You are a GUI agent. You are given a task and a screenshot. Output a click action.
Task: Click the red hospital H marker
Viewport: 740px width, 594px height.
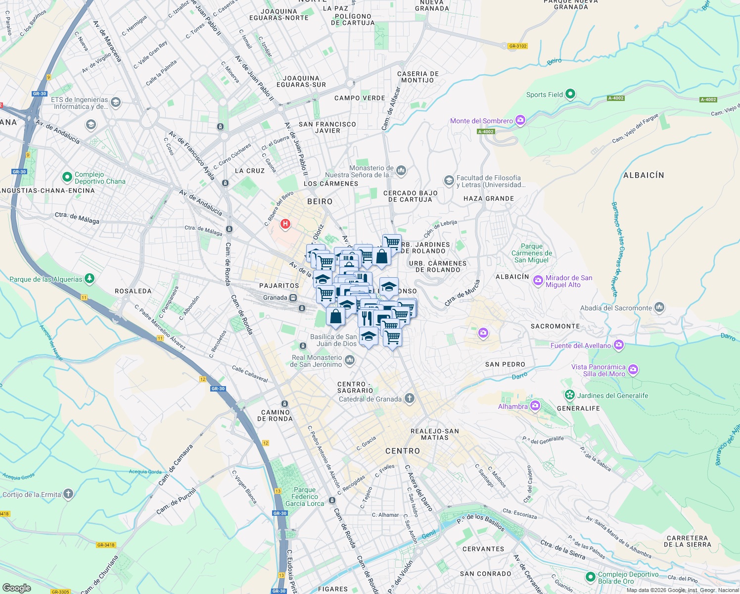click(x=285, y=224)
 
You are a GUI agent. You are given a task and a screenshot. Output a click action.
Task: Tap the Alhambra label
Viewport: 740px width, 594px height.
click(x=513, y=406)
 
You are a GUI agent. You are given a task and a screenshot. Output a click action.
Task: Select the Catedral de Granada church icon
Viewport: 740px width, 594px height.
click(x=409, y=398)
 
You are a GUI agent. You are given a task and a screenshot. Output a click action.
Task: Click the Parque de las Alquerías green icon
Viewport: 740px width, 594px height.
click(x=89, y=279)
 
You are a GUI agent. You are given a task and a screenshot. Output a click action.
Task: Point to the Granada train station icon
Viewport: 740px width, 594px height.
click(x=293, y=297)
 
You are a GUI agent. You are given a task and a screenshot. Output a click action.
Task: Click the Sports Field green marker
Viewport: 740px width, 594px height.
click(x=570, y=94)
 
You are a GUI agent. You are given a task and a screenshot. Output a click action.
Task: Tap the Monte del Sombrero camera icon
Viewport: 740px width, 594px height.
click(x=520, y=120)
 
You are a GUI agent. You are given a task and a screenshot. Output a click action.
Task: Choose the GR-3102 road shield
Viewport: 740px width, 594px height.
click(x=517, y=46)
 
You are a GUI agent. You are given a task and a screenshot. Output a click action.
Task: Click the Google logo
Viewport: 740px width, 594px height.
click(x=17, y=588)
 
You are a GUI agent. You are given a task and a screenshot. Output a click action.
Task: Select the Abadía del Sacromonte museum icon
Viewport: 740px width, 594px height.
click(x=659, y=307)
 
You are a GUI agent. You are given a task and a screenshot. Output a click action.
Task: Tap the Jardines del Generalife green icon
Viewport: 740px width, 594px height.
click(x=570, y=395)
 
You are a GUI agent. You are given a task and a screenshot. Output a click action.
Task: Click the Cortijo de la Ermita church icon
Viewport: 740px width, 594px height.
click(x=68, y=494)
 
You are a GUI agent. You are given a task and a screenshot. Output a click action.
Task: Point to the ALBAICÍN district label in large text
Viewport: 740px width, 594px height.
click(x=644, y=175)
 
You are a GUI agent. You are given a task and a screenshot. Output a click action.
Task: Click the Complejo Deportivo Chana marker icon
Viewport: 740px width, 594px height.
click(x=67, y=177)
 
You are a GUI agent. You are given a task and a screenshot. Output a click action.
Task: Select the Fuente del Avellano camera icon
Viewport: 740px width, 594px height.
click(x=618, y=345)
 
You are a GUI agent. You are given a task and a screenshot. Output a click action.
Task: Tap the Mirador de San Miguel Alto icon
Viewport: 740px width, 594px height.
click(x=538, y=281)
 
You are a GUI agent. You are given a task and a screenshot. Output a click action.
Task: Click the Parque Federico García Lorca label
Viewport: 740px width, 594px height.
click(x=305, y=496)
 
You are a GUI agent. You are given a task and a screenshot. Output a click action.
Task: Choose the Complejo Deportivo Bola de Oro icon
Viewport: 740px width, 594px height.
click(x=590, y=577)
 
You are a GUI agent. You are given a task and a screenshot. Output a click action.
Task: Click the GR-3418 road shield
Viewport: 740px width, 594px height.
click(x=106, y=545)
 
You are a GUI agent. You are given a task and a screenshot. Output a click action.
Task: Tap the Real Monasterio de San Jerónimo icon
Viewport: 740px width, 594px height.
click(x=350, y=360)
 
